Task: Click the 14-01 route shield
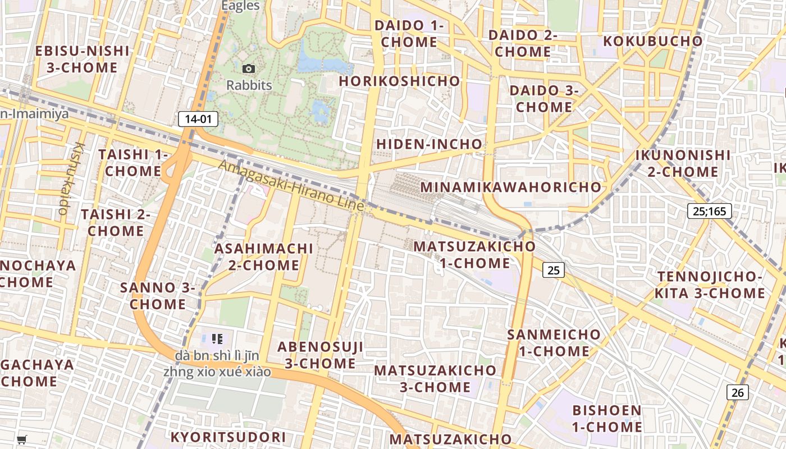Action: [198, 118]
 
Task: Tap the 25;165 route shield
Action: [710, 211]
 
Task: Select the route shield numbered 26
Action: [738, 392]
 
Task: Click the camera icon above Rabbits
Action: [249, 68]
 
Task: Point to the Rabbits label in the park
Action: [249, 85]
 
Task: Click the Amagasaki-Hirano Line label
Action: [291, 185]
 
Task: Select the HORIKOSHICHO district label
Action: [400, 81]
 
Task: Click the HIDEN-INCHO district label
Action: [429, 144]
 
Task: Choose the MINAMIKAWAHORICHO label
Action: [511, 187]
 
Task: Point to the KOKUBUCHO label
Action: [653, 41]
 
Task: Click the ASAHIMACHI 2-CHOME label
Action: [264, 256]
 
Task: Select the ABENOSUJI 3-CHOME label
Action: [320, 355]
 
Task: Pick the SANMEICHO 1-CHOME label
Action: [554, 342]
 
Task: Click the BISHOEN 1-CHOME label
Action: [607, 418]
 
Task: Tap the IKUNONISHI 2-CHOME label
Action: [683, 163]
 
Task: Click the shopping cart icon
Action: [22, 439]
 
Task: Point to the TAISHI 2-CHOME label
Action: [116, 222]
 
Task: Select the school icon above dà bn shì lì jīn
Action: [217, 339]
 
